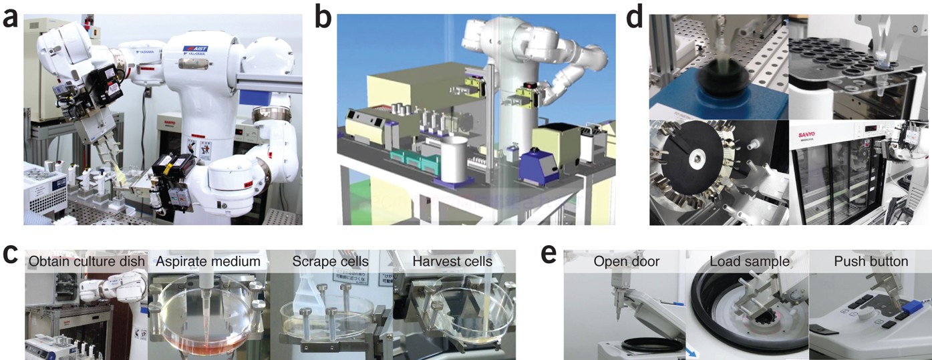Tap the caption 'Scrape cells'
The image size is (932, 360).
point(330,261)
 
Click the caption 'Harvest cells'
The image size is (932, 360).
point(452,261)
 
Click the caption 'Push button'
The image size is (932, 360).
point(871,261)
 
